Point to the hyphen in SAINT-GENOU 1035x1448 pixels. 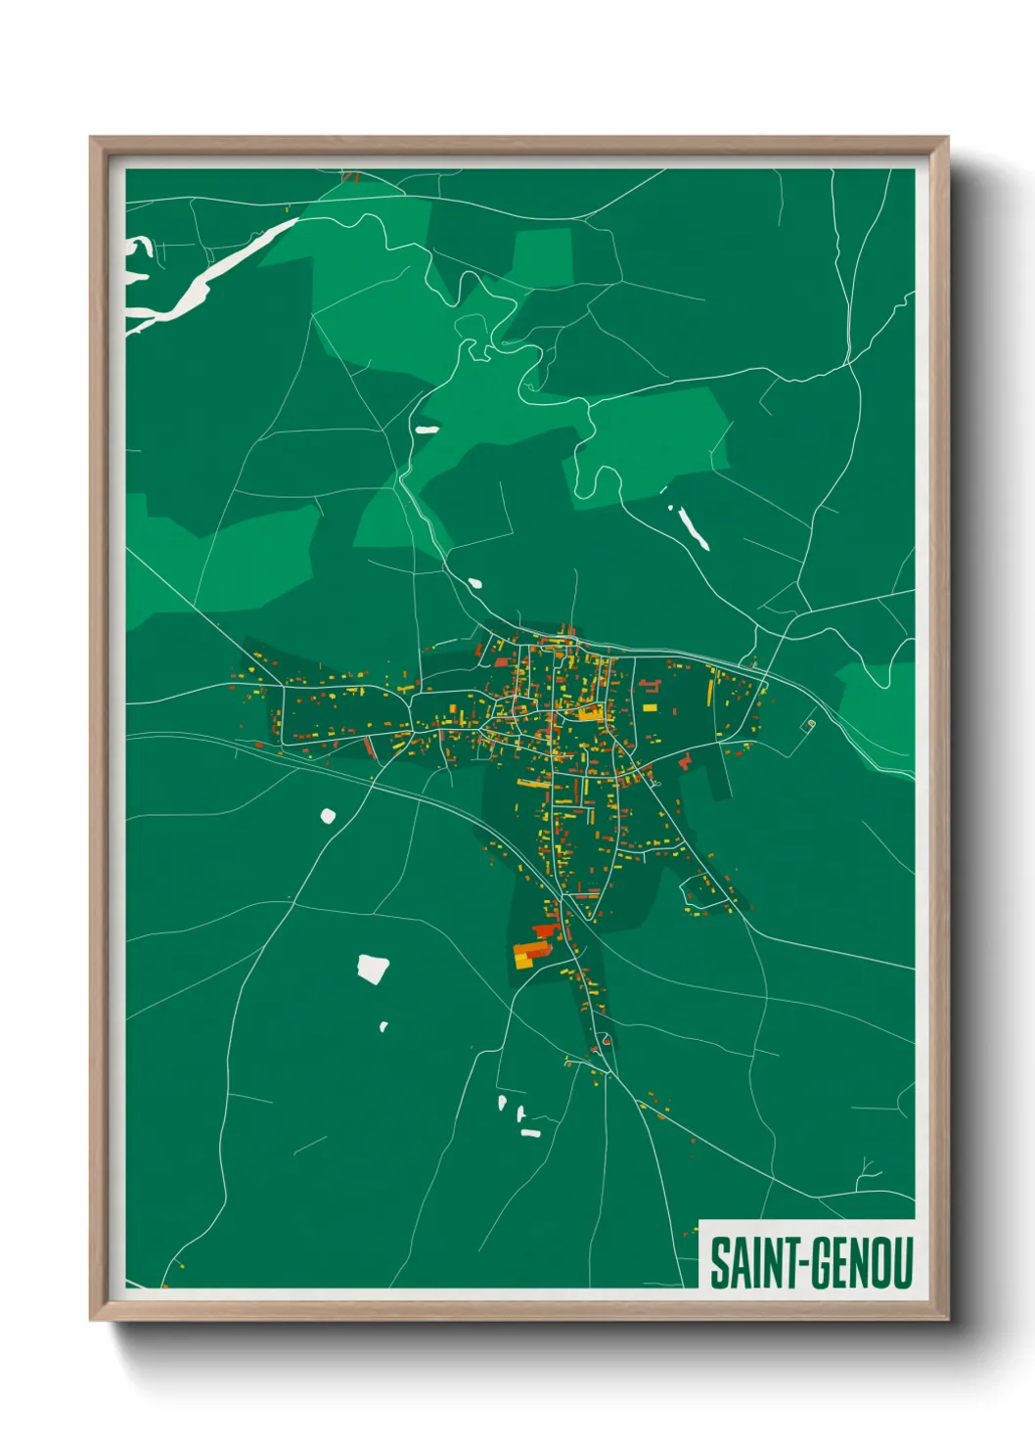[803, 1264]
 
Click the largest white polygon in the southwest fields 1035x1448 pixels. [373, 969]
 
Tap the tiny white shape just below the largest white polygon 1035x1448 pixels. [383, 1026]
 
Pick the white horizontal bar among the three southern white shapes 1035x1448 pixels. [530, 1133]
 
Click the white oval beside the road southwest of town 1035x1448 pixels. [328, 815]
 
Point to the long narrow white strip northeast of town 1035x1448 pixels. [691, 526]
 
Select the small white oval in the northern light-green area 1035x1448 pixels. [427, 429]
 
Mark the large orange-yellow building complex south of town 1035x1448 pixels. [529, 954]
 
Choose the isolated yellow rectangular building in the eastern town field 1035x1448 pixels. [650, 706]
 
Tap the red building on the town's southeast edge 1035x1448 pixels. [685, 760]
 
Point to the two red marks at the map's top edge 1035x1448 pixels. [351, 178]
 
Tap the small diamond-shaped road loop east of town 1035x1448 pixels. [809, 724]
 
